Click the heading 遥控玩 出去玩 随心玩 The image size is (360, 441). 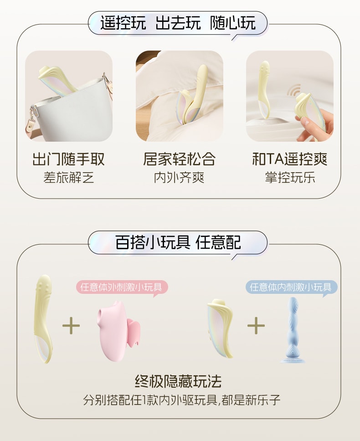178,23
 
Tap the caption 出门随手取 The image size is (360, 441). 68,159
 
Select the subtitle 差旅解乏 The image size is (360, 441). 68,177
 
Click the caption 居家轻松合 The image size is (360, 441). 179,159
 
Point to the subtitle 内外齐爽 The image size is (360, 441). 179,177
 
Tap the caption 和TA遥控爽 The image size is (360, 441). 290,159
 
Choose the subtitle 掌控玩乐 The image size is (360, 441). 290,177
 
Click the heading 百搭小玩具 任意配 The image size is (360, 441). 178,242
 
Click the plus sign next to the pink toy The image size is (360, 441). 71,325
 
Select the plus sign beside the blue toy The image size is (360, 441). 256,325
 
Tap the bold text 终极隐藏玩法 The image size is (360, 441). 178,381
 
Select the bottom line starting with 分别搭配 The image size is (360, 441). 182,400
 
